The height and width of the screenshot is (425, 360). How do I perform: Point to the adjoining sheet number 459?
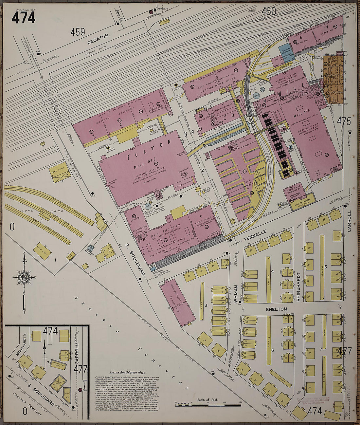78,32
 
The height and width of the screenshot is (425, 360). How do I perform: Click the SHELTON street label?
277,309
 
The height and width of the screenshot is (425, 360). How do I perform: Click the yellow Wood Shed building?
42,251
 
